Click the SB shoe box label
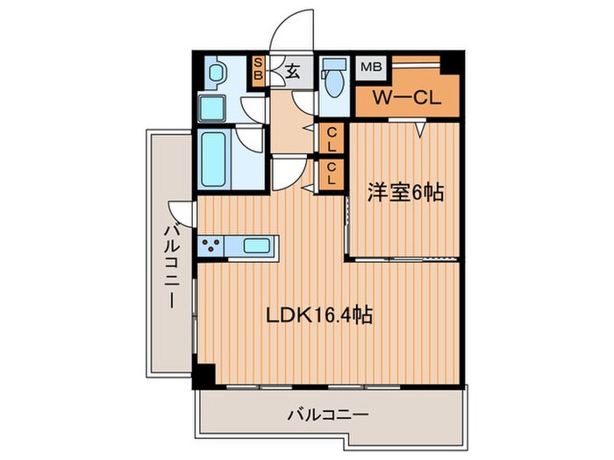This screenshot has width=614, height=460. (x=259, y=69)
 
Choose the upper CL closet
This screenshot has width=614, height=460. (x=332, y=138)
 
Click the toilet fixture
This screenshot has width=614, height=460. (x=333, y=81)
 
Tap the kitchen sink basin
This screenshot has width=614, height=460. (x=257, y=245)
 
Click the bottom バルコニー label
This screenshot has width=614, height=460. (x=326, y=414)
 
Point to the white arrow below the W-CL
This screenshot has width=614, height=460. (x=420, y=130)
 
